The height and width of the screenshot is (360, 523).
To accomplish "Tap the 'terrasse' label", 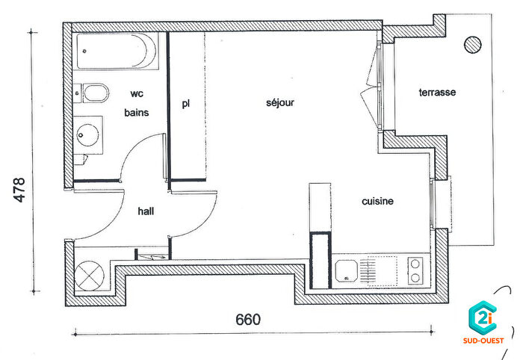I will [x=437, y=93].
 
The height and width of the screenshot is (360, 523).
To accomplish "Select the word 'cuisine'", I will [x=377, y=201].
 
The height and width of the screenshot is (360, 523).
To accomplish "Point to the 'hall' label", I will [x=146, y=211].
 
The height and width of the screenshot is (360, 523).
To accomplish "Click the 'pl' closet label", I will [x=186, y=103].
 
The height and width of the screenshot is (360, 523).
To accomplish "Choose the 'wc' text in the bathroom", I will [x=137, y=94].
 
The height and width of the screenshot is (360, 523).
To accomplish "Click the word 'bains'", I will [x=137, y=113].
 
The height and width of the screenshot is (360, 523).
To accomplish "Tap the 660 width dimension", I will [x=248, y=320].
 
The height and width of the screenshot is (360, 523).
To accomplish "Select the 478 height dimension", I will [x=20, y=191].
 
